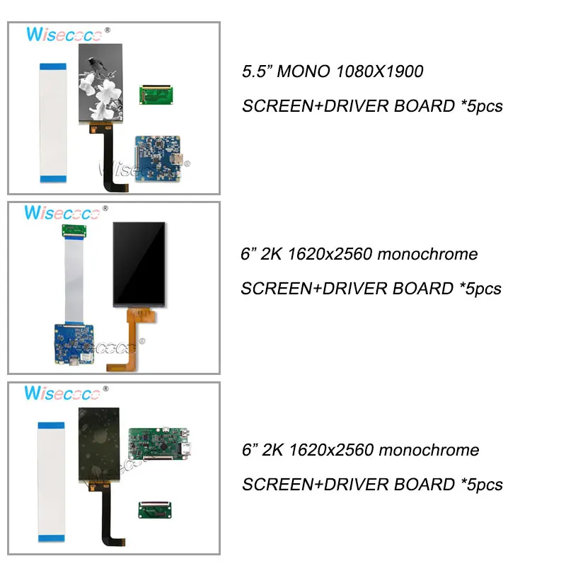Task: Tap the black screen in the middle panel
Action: [141, 264]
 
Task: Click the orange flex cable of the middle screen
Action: [134, 333]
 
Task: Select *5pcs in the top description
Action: [480, 106]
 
